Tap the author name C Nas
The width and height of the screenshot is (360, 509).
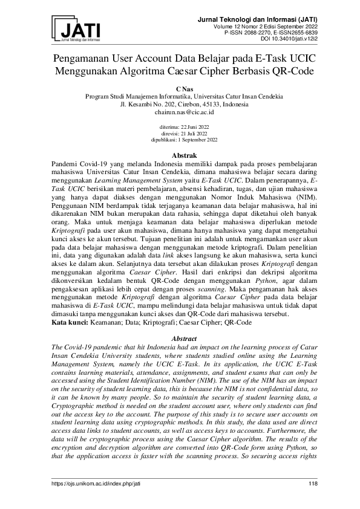pos(180,88)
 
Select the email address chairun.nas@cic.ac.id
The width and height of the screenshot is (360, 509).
pos(180,112)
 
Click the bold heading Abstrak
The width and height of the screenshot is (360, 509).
pos(180,155)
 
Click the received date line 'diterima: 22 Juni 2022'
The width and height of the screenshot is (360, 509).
pos(180,128)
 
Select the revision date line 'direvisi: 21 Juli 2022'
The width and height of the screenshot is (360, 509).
pos(180,133)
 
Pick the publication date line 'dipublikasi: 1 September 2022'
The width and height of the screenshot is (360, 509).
pos(180,138)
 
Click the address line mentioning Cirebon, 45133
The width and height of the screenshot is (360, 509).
pos(180,104)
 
